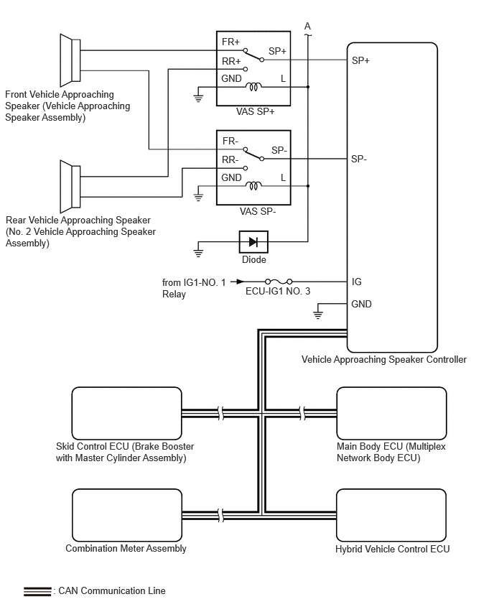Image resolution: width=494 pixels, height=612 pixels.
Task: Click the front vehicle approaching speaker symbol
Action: (70, 59)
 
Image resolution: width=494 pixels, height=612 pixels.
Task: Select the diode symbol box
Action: (253, 242)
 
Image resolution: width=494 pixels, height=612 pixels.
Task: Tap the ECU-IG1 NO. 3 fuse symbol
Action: (278, 282)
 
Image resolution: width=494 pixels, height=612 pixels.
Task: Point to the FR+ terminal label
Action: (231, 42)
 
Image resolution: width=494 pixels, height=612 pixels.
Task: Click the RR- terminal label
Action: (230, 160)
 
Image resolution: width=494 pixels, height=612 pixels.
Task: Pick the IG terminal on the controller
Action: (357, 282)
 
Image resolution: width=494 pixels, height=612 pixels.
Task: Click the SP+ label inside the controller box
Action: (360, 61)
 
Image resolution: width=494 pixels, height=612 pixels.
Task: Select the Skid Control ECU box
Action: (126, 413)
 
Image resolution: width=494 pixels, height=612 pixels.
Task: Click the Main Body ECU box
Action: (391, 413)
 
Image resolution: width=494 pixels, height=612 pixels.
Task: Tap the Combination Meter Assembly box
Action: (126, 515)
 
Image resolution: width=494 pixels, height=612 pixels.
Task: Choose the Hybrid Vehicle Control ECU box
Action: (391, 515)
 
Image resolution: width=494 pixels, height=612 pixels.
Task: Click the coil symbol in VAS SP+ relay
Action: (253, 87)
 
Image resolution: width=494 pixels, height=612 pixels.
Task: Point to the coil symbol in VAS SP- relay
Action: (253, 185)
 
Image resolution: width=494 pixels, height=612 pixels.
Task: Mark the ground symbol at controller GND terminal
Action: (320, 314)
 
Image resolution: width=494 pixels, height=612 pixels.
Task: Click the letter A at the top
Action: (307, 27)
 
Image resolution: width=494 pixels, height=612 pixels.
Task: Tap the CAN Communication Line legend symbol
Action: (37, 591)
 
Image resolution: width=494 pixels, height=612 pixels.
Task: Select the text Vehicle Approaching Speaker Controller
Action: (384, 359)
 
